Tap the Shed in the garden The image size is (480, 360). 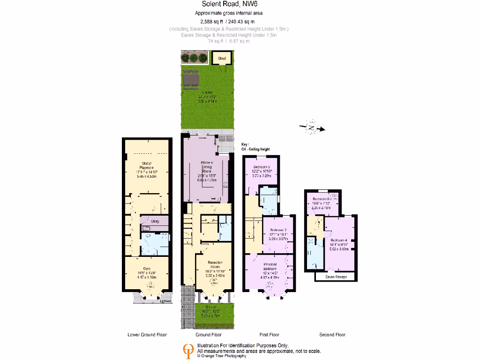[x=222, y=59]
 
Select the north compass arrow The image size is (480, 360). [x=312, y=127]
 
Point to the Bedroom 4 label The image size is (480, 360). [x=339, y=240]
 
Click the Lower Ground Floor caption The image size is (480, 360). [x=147, y=335]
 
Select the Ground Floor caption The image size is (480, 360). [x=209, y=335]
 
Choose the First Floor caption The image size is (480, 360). [x=270, y=335]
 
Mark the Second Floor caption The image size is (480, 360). [x=332, y=335]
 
